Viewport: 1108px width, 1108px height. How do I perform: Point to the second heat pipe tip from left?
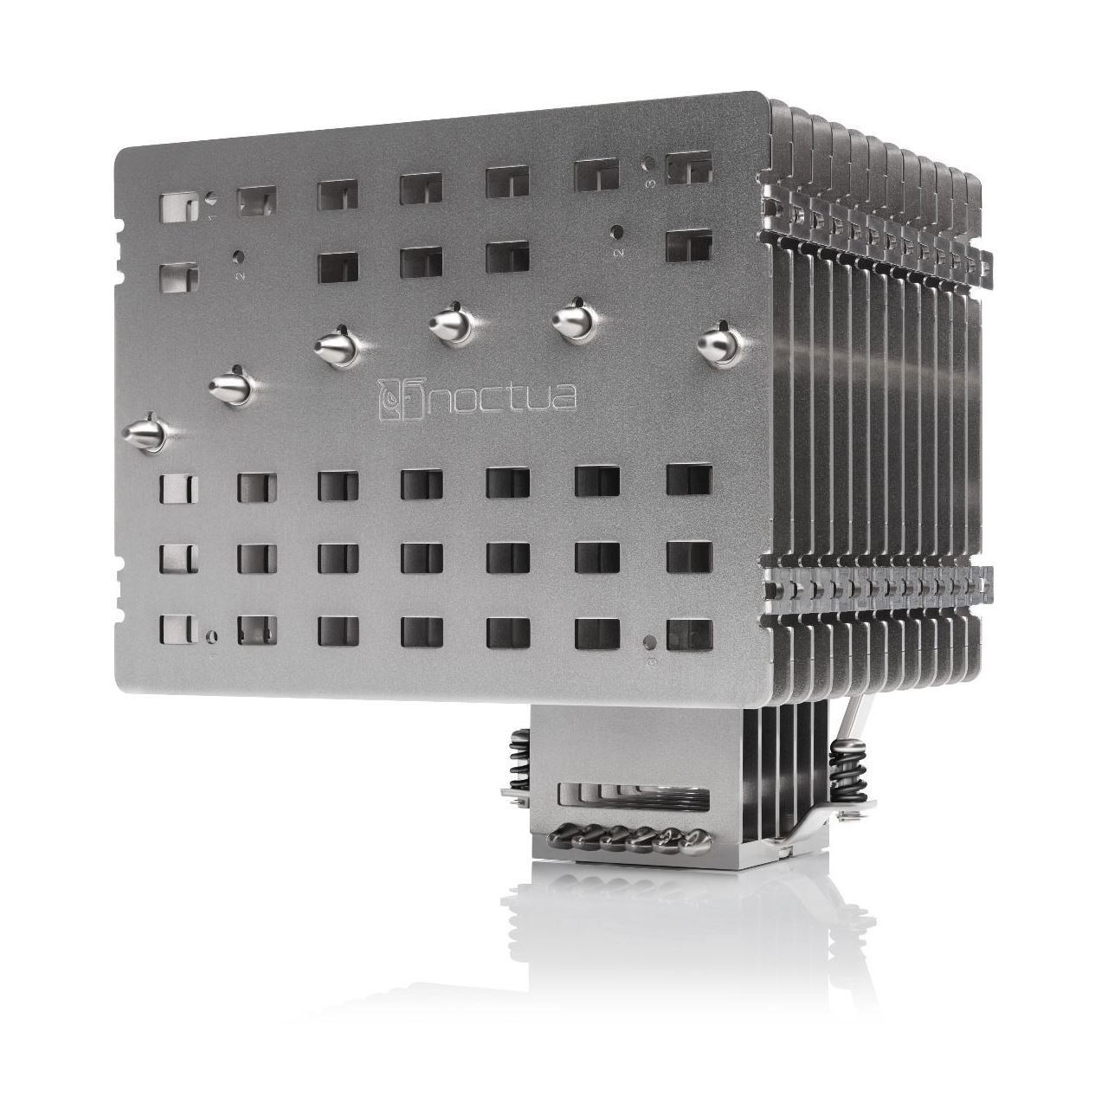tap(230, 384)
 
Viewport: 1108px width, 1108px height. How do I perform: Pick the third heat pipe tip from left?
tap(338, 345)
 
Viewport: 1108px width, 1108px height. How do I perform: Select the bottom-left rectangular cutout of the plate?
tap(179, 628)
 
